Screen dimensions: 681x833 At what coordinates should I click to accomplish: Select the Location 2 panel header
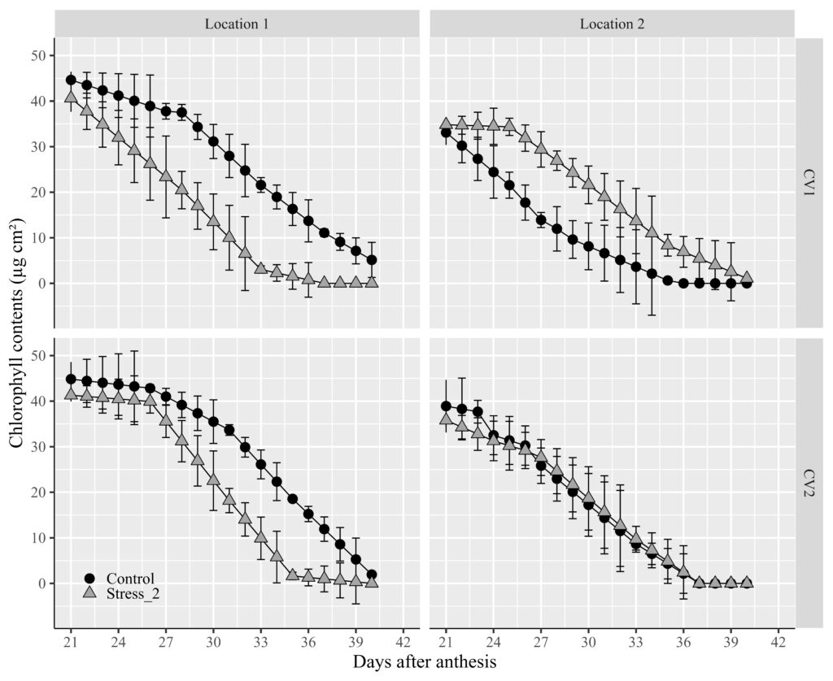[612, 24]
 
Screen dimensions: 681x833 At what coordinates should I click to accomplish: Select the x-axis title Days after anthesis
[424, 662]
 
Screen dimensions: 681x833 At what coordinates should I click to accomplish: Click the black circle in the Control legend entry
[89, 578]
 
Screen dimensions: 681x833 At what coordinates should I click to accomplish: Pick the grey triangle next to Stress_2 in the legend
[89, 594]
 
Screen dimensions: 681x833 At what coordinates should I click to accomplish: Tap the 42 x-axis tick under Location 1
[403, 638]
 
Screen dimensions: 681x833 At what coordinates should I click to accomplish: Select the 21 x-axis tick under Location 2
[446, 638]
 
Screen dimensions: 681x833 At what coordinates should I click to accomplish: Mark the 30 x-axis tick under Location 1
[213, 638]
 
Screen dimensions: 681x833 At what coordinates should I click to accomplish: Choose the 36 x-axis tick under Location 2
[683, 638]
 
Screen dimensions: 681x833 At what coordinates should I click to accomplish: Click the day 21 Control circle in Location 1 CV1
[71, 80]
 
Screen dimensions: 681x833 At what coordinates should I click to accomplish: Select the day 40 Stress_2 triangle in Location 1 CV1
[372, 281]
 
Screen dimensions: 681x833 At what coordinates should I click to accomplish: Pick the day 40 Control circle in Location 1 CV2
[372, 575]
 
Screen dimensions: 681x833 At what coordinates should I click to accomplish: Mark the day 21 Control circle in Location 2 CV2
[446, 406]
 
